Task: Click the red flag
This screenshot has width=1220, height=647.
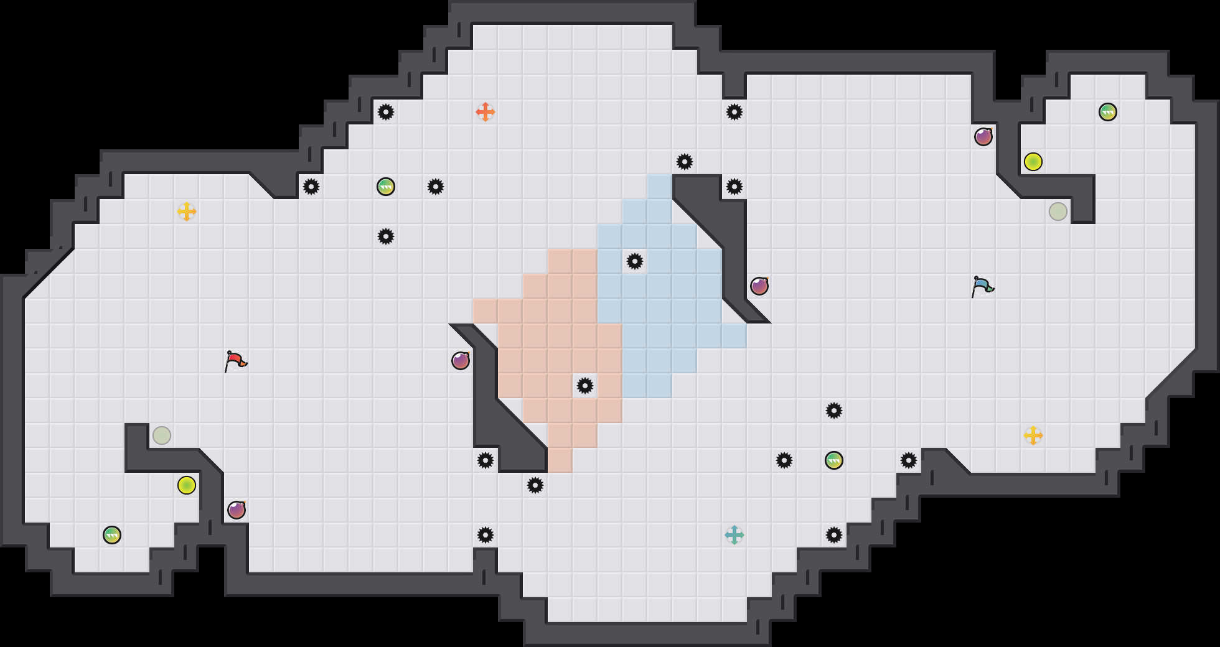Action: pyautogui.click(x=235, y=361)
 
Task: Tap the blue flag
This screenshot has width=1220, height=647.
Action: pyautogui.click(x=982, y=286)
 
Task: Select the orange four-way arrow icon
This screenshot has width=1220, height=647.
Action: pyautogui.click(x=486, y=112)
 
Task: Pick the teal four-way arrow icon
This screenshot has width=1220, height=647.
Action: pyautogui.click(x=734, y=535)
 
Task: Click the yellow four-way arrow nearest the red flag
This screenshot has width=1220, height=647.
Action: pyautogui.click(x=187, y=212)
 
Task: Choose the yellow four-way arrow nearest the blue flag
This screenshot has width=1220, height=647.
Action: pyautogui.click(x=1033, y=435)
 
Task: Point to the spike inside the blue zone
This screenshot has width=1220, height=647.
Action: pyautogui.click(x=635, y=261)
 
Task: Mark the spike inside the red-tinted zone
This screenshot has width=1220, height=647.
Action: pyautogui.click(x=585, y=386)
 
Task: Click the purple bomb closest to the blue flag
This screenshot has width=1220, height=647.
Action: pyautogui.click(x=983, y=137)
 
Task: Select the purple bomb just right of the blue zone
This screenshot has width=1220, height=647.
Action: pyautogui.click(x=759, y=286)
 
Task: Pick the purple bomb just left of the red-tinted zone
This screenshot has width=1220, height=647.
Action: pyautogui.click(x=461, y=361)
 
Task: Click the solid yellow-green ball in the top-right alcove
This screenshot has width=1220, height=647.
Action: pyautogui.click(x=1033, y=162)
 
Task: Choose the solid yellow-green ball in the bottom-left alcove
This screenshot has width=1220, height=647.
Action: pyautogui.click(x=187, y=485)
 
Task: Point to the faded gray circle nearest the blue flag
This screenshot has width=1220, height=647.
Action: pyautogui.click(x=1058, y=212)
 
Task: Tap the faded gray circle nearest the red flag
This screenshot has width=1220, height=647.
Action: pyautogui.click(x=162, y=435)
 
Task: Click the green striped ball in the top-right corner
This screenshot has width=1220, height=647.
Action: pyautogui.click(x=1108, y=112)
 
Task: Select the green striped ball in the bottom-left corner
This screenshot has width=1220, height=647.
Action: pyautogui.click(x=112, y=535)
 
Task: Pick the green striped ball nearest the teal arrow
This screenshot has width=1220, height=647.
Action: pyautogui.click(x=834, y=460)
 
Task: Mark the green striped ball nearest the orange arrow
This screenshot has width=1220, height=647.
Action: pyautogui.click(x=386, y=187)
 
